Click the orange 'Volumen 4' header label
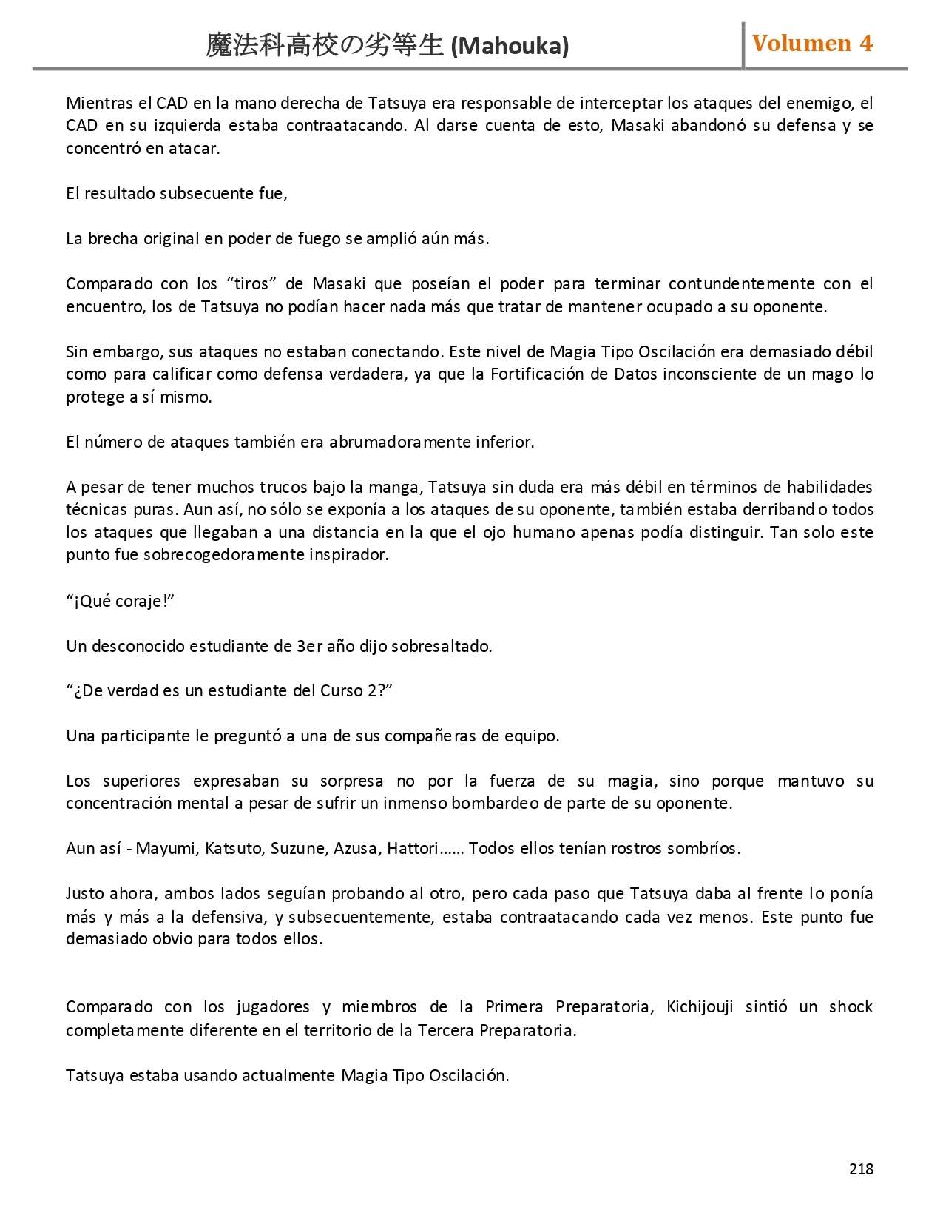pyautogui.click(x=812, y=44)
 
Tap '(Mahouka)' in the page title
pyautogui.click(x=510, y=47)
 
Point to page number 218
pyautogui.click(x=861, y=1168)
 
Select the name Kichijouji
pyautogui.click(x=699, y=1006)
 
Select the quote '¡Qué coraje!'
pyautogui.click(x=120, y=601)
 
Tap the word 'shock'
pyautogui.click(x=851, y=1006)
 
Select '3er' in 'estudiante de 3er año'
pyautogui.click(x=309, y=646)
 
